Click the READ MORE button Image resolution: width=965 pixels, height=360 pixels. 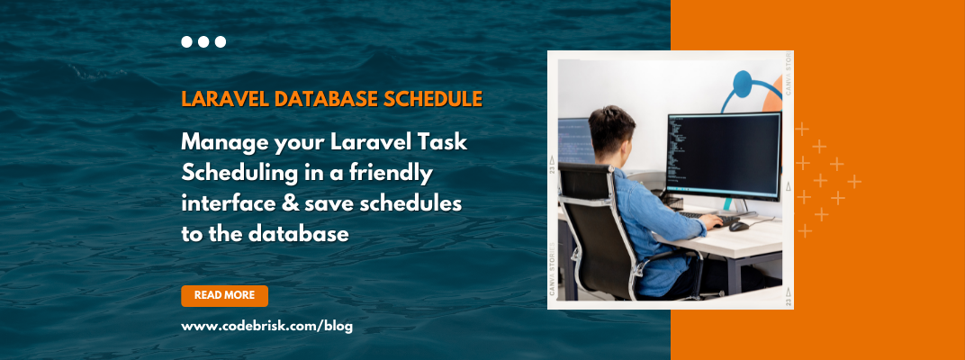pos(224,295)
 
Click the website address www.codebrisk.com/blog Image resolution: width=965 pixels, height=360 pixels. pos(267,326)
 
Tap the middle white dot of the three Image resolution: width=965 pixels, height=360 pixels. pos(203,41)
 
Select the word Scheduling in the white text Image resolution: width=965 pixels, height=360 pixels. pos(235,173)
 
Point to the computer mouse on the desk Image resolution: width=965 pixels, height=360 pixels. pos(738,226)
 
